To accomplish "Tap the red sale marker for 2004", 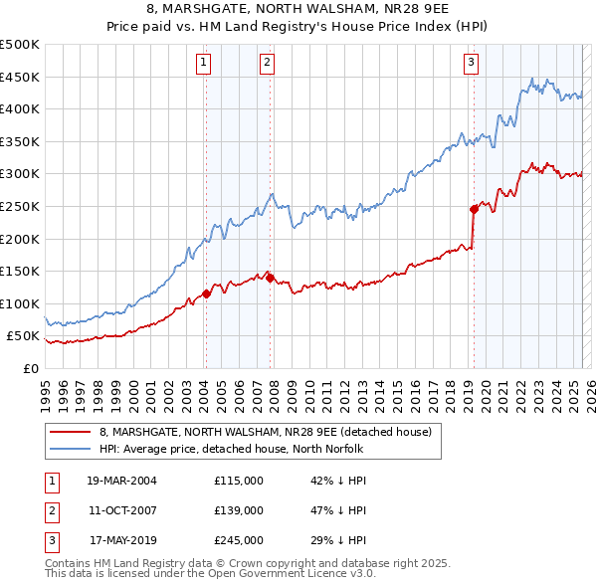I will pos(206,293).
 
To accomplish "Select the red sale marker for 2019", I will pos(474,209).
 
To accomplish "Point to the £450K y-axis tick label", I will pos(20,77).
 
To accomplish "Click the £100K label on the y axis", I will pos(20,303).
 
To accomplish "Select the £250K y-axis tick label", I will pos(20,206).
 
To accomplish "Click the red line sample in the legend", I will pos(69,432).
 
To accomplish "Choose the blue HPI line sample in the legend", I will pos(69,449).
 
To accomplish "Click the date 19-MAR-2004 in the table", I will pos(121,481).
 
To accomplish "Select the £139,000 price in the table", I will pos(239,510).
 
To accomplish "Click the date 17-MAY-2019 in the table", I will pos(121,540).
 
